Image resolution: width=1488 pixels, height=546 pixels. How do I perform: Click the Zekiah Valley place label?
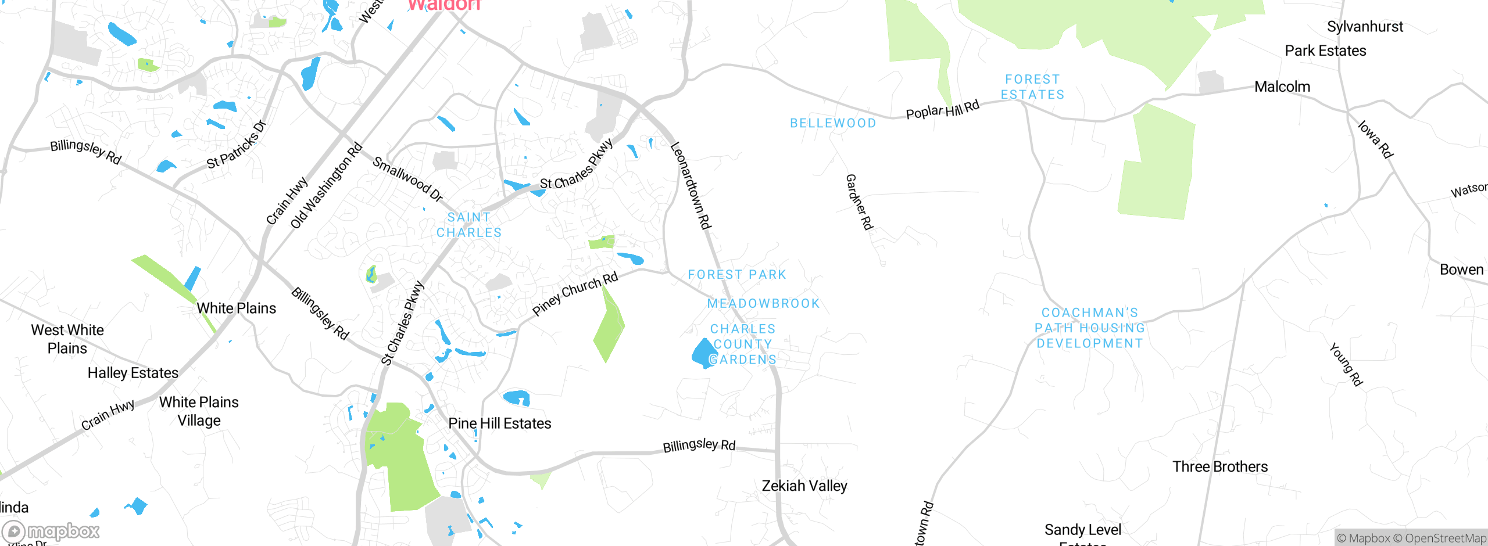click(x=804, y=486)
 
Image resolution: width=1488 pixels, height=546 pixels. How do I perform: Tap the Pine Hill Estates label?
click(x=500, y=423)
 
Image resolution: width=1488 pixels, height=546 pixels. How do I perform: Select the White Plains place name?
click(x=236, y=308)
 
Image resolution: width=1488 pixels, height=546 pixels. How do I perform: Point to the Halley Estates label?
click(x=133, y=373)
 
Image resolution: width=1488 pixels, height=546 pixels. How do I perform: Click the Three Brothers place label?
click(x=1220, y=466)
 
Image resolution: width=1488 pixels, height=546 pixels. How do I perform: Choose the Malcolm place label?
click(x=1282, y=87)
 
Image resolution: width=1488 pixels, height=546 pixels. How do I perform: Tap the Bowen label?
click(x=1461, y=270)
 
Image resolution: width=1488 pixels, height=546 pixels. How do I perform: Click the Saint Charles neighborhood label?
click(x=469, y=225)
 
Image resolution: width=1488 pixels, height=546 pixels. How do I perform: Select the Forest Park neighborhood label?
click(x=737, y=275)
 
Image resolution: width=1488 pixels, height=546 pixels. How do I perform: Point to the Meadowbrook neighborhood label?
click(x=763, y=303)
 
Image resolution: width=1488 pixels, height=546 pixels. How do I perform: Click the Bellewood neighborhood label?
click(x=833, y=123)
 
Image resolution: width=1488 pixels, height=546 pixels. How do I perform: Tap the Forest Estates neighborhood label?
click(x=1032, y=87)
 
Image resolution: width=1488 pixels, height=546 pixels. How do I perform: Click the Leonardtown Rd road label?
click(x=691, y=185)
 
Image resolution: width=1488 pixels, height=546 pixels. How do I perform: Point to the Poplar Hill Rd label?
click(x=943, y=110)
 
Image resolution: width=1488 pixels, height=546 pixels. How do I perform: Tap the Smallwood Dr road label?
click(x=407, y=179)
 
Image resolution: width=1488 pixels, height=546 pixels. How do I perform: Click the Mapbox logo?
click(x=51, y=531)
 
